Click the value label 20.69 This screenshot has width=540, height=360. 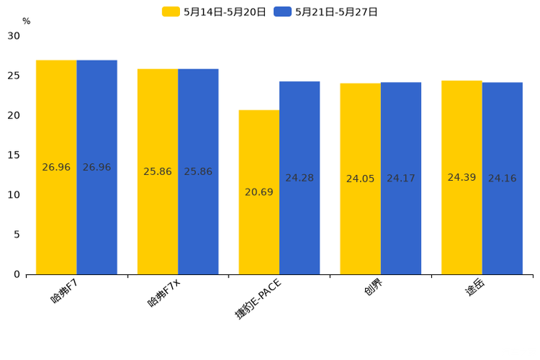(259, 192)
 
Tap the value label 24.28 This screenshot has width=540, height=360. (299, 178)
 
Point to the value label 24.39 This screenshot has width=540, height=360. (462, 178)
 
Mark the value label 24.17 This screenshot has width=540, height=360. (401, 179)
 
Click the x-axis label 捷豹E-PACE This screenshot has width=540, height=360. (258, 298)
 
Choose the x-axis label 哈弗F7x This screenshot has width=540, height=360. (164, 293)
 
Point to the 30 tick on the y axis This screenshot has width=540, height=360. (14, 36)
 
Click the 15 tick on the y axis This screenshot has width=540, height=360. (14, 155)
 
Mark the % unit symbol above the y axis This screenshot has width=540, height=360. (26, 21)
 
